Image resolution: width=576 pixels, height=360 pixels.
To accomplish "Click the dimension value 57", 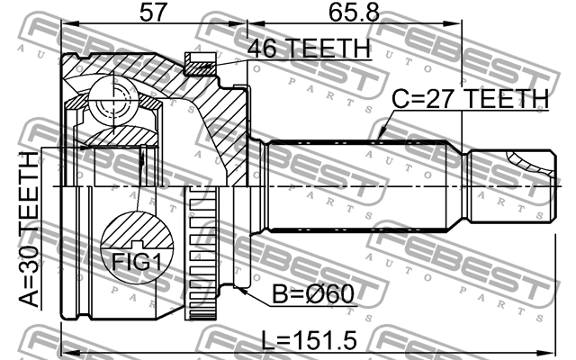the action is tap(153, 12).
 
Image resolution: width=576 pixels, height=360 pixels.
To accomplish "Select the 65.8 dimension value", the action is tap(354, 12).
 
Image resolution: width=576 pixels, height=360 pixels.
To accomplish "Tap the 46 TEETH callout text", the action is tap(309, 48).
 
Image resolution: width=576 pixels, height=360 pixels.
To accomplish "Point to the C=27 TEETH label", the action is tap(470, 98).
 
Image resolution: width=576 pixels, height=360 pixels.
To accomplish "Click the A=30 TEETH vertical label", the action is tap(29, 229).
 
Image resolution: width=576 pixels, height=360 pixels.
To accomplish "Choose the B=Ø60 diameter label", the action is tap(313, 294).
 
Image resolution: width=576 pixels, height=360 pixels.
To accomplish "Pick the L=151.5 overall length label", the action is tap(309, 340).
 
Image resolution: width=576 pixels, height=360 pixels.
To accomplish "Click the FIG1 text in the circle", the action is tap(136, 262).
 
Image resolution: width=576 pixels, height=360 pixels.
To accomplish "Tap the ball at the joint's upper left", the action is tap(113, 99).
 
